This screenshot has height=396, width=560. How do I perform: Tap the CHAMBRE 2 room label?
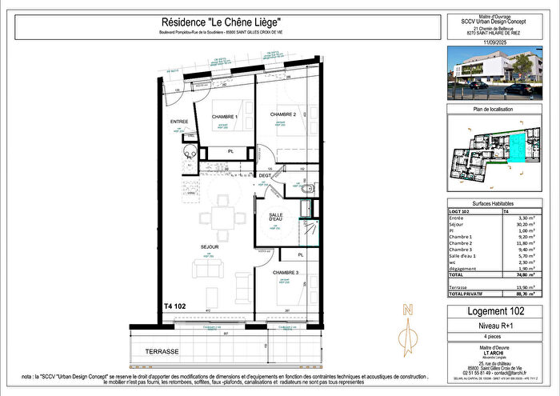point(283,114)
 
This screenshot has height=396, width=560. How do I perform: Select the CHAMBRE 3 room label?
point(286,273)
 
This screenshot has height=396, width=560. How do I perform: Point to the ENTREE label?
point(178,122)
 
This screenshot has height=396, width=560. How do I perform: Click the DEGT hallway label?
point(266,175)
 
